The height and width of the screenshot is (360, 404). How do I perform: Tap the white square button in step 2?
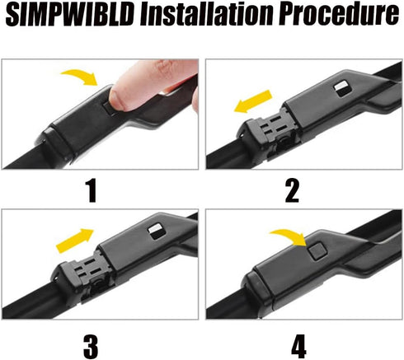pyautogui.click(x=340, y=86)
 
